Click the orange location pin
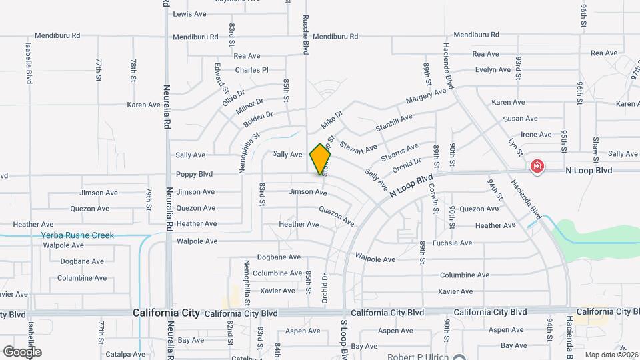coord(321,159)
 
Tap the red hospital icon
coord(537,166)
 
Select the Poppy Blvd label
coord(194,175)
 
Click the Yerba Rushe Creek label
coord(77,235)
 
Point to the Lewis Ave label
coord(189,13)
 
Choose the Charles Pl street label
coord(251,69)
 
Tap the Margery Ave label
coord(426,97)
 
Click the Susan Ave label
coord(521,119)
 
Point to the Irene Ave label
coord(537,134)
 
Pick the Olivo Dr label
coord(234,98)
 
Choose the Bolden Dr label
coord(258,119)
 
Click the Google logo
coord(22,351)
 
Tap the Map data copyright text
coord(612,355)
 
